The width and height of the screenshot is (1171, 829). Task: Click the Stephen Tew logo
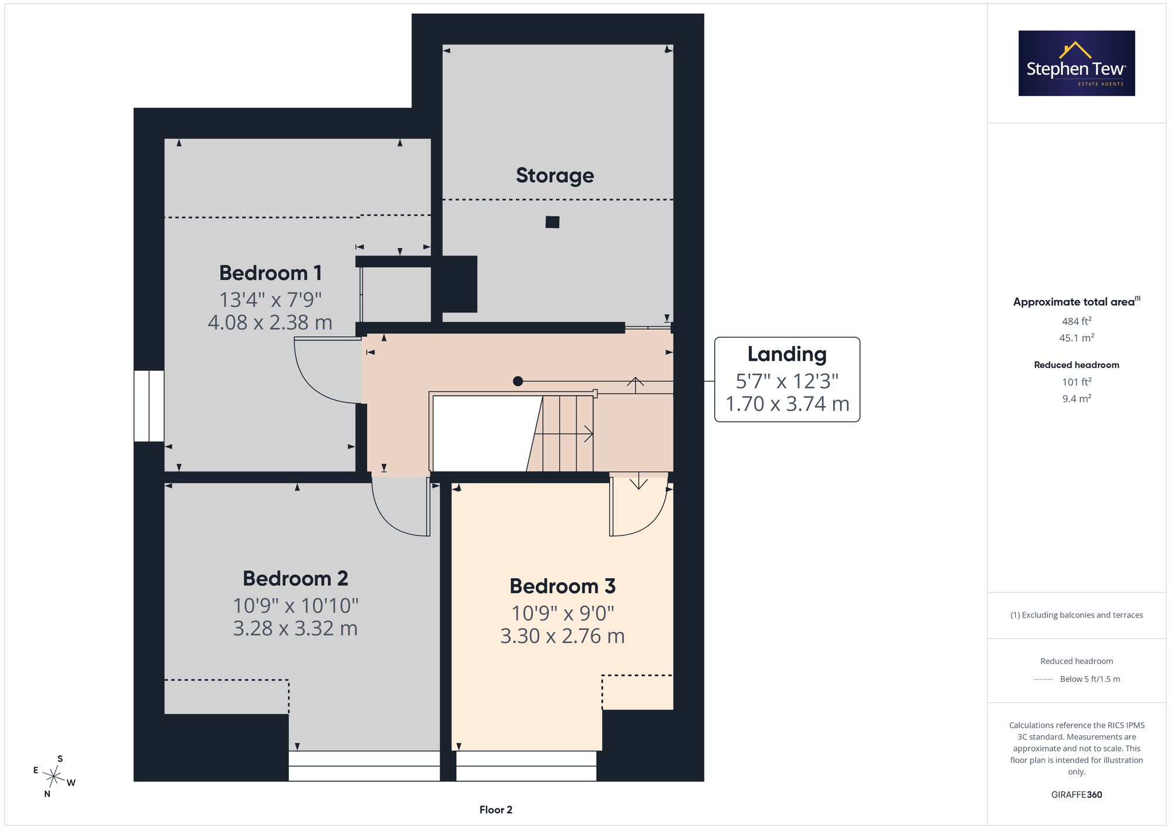[1077, 63]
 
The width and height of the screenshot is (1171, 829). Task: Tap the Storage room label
[555, 176]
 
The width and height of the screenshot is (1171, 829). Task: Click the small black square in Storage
[552, 222]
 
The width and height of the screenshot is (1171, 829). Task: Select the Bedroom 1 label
[271, 273]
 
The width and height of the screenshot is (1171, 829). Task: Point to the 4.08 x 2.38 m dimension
[270, 322]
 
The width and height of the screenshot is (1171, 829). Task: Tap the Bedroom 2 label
[296, 579]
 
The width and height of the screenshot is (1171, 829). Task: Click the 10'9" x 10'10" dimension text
[296, 605]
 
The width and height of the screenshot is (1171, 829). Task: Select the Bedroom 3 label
[563, 586]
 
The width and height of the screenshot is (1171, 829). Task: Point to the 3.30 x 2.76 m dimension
[563, 636]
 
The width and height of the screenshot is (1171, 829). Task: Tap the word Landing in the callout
[787, 354]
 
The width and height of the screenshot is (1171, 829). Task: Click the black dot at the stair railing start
[518, 381]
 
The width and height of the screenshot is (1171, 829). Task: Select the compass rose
[54, 777]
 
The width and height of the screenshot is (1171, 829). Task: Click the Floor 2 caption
[496, 810]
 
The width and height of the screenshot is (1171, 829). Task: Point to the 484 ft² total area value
[1077, 321]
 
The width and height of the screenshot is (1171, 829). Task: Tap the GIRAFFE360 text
[1077, 795]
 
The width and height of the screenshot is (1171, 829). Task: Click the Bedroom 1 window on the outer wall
[149, 406]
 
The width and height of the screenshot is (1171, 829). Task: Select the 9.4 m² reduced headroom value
[1077, 399]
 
